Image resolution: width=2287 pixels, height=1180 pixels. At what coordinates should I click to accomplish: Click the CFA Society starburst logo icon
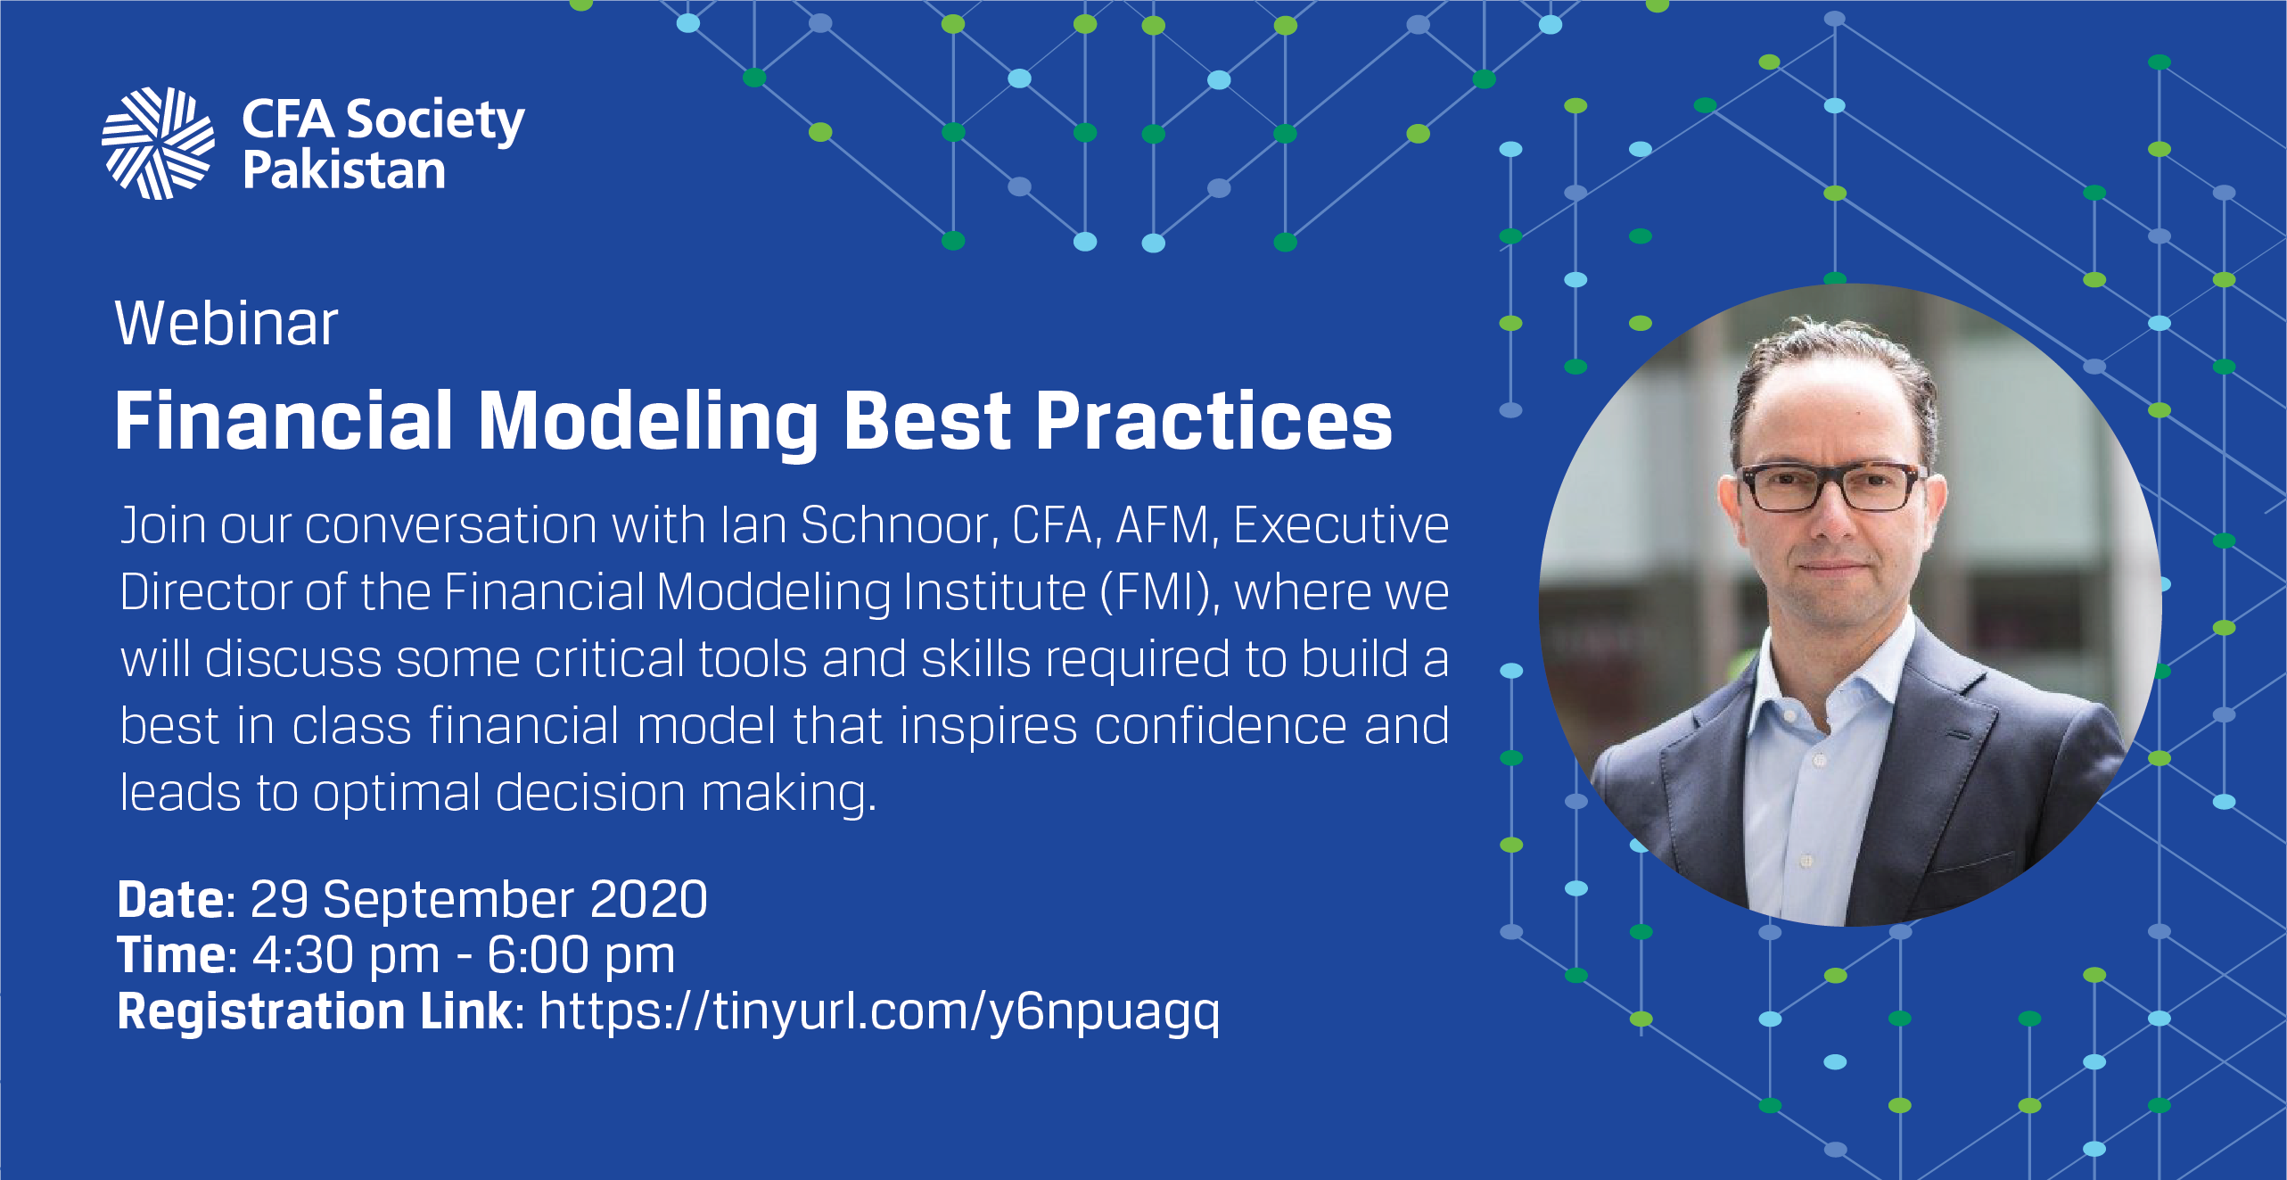click(x=158, y=143)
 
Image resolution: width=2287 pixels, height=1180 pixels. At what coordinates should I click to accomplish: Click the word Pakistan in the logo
click(x=344, y=170)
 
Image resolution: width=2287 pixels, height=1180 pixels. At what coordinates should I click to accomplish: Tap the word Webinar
click(x=226, y=323)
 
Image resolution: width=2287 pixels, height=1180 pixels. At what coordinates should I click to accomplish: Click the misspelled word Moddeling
click(x=773, y=594)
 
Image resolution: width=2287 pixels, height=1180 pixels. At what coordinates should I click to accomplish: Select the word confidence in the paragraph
click(x=1222, y=726)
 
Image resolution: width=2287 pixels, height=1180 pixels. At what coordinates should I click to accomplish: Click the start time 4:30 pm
click(x=346, y=956)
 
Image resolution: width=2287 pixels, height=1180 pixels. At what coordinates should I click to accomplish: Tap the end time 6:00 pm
click(x=581, y=956)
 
